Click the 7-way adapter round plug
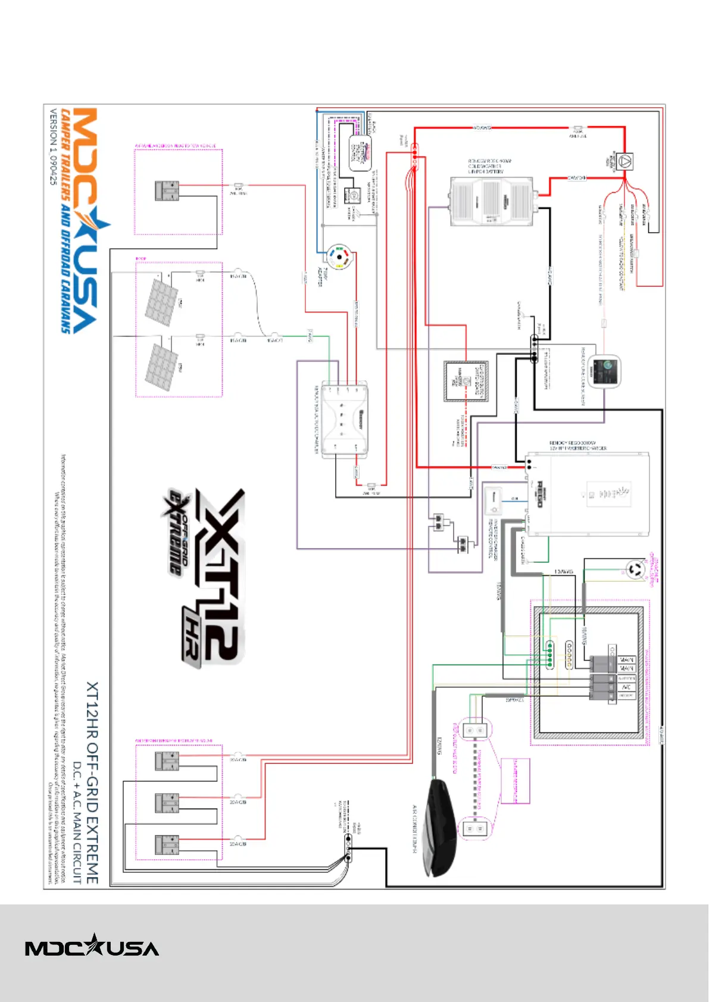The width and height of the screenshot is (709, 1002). pos(339,258)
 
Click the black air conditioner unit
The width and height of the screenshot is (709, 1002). pos(441,827)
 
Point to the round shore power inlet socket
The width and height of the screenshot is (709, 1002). pos(635,570)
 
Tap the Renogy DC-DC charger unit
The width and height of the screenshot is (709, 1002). pos(345,420)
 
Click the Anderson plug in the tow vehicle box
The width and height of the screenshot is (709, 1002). pos(167,190)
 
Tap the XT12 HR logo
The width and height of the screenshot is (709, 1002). pos(205,577)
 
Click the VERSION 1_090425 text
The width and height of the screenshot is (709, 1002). pos(54,146)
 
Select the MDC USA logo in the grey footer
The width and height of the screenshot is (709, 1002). pos(92,945)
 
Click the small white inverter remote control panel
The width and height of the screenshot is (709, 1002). pos(494,501)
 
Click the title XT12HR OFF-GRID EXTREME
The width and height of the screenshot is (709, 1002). pos(93,782)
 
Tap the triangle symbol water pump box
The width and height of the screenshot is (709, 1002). pos(624,161)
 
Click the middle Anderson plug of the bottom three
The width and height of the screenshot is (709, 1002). pos(167,803)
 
